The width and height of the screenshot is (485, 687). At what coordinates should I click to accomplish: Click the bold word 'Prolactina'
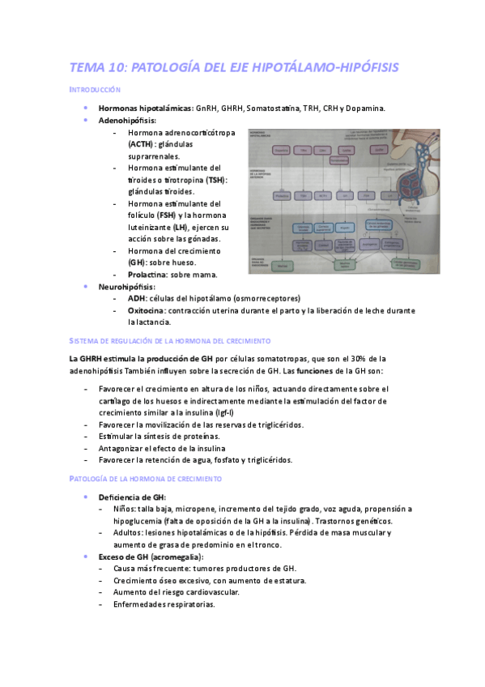click(x=148, y=275)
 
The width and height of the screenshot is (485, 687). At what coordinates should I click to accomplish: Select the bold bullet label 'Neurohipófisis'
click(x=126, y=287)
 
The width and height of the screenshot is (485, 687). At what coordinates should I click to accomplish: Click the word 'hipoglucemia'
click(x=137, y=521)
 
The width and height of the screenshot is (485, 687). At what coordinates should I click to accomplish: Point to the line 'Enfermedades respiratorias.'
click(x=164, y=604)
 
